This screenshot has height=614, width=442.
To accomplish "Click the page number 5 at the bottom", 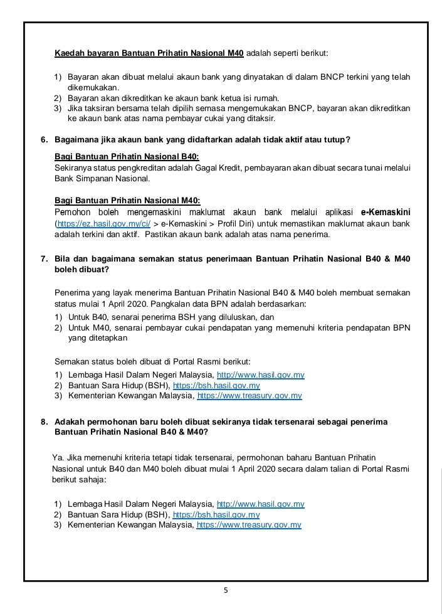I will [x=226, y=590].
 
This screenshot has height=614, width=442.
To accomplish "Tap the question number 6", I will [x=44, y=139].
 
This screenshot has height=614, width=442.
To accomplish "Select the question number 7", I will [x=44, y=258].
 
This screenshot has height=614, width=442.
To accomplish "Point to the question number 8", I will [x=44, y=422].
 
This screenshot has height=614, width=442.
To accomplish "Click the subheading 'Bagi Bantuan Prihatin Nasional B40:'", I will [x=127, y=156].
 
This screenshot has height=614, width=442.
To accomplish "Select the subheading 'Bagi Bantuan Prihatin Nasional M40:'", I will [x=127, y=200].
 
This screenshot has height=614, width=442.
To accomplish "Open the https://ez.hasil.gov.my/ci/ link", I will [x=103, y=223].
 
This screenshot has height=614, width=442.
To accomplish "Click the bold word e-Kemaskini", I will [x=386, y=212].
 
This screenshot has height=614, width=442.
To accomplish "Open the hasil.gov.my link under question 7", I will [x=260, y=375].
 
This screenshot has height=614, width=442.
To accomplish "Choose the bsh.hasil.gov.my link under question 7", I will [x=216, y=386].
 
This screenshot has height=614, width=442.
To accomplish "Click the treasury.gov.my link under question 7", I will [x=250, y=396].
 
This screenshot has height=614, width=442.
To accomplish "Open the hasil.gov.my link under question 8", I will [x=260, y=504].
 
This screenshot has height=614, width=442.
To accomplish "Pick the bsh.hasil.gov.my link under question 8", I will [x=216, y=514].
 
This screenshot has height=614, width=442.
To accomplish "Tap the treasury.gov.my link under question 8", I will [x=249, y=524].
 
